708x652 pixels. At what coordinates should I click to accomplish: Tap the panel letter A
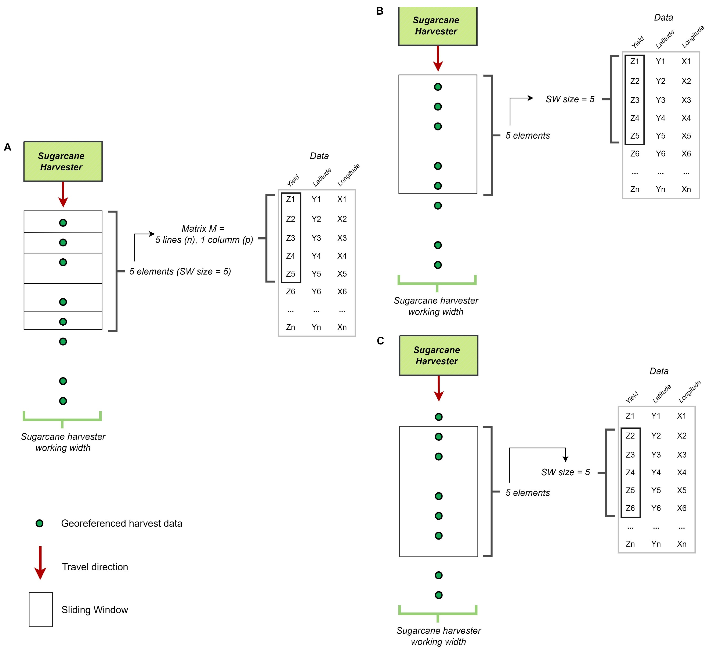pyautogui.click(x=7, y=147)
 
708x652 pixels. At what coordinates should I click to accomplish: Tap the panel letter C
pyautogui.click(x=380, y=341)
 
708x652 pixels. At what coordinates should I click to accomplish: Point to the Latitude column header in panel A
pyautogui.click(x=322, y=177)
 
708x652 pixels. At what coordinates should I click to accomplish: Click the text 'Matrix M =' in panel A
pyautogui.click(x=203, y=229)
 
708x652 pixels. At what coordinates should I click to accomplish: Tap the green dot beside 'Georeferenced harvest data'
pyautogui.click(x=40, y=523)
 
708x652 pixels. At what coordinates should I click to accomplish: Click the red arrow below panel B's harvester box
pyautogui.click(x=438, y=58)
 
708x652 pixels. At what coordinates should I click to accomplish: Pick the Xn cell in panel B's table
pyautogui.click(x=686, y=190)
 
